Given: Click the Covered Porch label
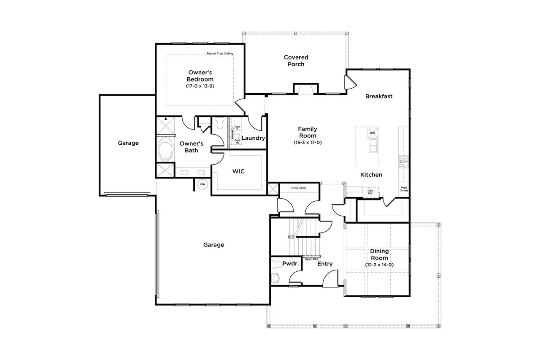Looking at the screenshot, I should click(x=296, y=61).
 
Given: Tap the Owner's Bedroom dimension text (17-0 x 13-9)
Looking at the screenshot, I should click(x=200, y=86).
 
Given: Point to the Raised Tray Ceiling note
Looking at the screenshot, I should click(x=220, y=54).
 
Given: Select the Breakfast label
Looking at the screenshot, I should click(x=378, y=96).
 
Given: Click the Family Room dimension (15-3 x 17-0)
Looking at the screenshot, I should click(x=308, y=143).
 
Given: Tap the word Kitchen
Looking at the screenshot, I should click(x=371, y=175).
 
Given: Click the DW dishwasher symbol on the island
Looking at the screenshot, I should click(x=372, y=133).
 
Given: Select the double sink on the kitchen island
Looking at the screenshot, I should click(x=373, y=146).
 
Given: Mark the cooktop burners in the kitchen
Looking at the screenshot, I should click(x=404, y=162).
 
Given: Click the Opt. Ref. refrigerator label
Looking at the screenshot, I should click(x=370, y=192).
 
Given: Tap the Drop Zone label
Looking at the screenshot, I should click(x=299, y=187).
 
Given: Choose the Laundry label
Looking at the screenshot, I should click(x=253, y=138).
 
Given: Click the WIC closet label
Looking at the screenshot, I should click(x=238, y=172).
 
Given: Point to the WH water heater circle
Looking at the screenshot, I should click(x=202, y=184).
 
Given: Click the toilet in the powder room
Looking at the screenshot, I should click(x=275, y=278).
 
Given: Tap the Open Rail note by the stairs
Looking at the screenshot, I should click(x=311, y=259).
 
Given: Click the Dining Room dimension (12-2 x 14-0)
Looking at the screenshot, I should click(x=379, y=265).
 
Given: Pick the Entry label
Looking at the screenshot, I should click(x=325, y=264).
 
